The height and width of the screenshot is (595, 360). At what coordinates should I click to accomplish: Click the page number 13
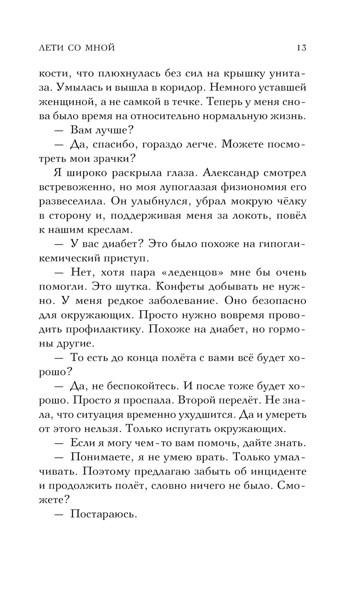pos(301,48)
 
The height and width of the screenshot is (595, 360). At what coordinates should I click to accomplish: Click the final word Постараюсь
pos(104,514)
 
